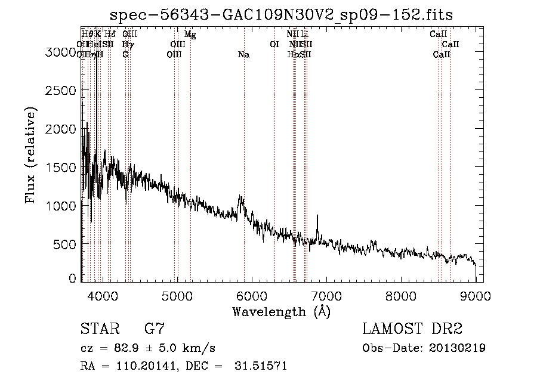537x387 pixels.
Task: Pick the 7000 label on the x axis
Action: tap(326, 294)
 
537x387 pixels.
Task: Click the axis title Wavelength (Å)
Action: tap(281, 311)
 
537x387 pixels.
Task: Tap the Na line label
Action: tap(243, 55)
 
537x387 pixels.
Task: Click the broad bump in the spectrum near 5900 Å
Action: tap(241, 200)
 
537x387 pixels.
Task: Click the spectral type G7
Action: tap(155, 329)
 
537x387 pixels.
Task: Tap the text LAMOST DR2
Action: tap(412, 329)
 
